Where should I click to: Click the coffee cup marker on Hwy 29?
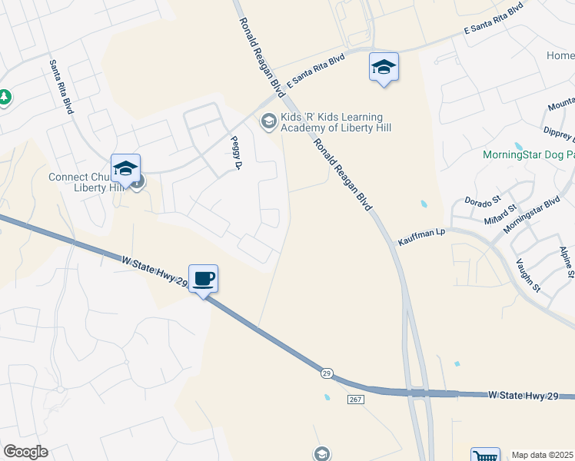point(203,278)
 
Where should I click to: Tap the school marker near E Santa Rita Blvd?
point(384,67)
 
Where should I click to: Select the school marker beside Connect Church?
point(125,168)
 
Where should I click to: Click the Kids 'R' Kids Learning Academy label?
point(335,122)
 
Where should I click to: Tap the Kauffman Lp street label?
point(420,237)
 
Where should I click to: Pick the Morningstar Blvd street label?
point(531,217)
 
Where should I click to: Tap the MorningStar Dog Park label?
point(528,154)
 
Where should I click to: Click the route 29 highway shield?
point(327,373)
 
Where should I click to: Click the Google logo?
point(25,452)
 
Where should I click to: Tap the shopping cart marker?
point(484,456)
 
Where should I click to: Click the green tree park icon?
point(4,97)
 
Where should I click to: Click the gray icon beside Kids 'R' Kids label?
point(268,120)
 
